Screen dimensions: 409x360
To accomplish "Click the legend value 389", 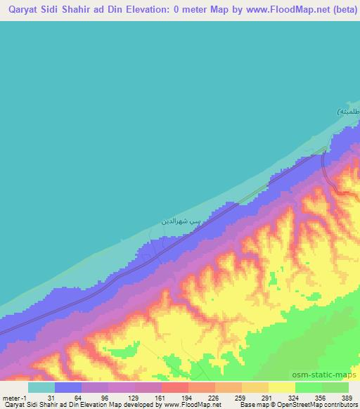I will click(x=347, y=398).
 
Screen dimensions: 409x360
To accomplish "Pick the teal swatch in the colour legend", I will click(x=41, y=387).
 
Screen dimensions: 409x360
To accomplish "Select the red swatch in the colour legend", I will click(x=174, y=387).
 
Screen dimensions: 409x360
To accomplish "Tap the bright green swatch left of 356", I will click(x=308, y=387).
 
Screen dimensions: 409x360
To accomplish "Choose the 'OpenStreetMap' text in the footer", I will click(x=290, y=405).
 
